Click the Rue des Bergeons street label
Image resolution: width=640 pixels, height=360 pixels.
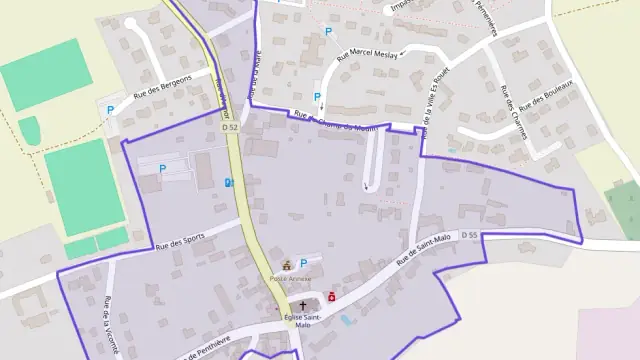pyautogui.click(x=162, y=93)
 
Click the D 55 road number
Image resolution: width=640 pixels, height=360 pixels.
pyautogui.click(x=470, y=235)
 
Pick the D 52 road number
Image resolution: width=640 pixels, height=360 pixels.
pyautogui.click(x=229, y=128)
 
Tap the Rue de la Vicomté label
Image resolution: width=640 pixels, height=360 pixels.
pyautogui.click(x=112, y=325)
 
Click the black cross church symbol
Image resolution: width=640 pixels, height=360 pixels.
pyautogui.click(x=303, y=307)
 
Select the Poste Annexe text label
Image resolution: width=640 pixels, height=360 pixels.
pyautogui.click(x=290, y=278)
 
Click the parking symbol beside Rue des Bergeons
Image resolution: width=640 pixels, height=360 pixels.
pyautogui.click(x=111, y=108)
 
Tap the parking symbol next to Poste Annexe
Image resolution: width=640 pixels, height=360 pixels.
pyautogui.click(x=304, y=263)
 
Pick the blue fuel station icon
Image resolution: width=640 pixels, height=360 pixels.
pyautogui.click(x=229, y=182)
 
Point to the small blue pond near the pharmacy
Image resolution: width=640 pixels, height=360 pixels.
pyautogui.click(x=347, y=320)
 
